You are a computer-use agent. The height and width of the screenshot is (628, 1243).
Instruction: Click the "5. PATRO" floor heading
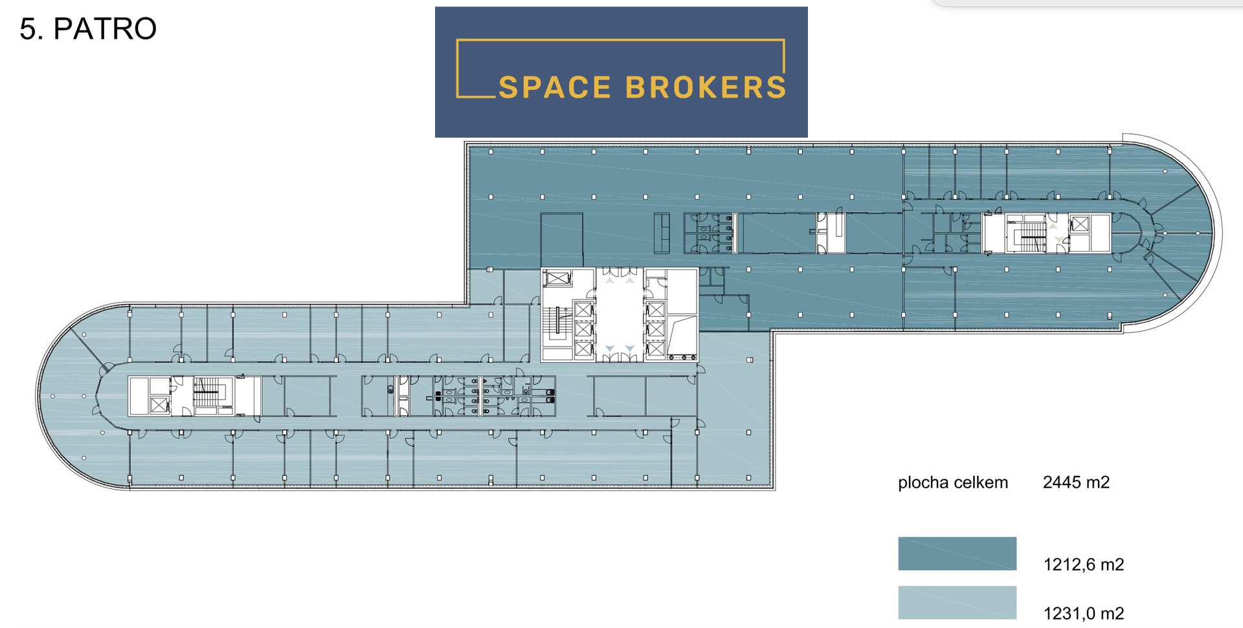point(88,28)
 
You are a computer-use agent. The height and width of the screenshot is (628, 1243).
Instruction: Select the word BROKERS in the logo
point(706,87)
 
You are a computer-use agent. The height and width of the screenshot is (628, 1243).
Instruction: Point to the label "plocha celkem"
point(953,482)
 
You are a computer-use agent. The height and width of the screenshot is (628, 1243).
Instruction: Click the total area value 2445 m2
point(1076,482)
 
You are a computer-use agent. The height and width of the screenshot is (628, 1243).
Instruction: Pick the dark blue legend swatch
point(957,554)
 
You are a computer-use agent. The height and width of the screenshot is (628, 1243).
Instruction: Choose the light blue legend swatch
point(957,603)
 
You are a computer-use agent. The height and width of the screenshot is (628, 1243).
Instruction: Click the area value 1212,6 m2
point(1084,565)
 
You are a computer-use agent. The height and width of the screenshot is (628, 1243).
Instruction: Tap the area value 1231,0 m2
point(1084,613)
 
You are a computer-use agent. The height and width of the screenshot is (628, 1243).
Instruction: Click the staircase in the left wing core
point(207,393)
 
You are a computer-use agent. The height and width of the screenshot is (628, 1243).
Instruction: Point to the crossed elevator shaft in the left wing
point(159,405)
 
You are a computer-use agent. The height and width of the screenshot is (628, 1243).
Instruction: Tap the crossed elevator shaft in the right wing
point(1080,225)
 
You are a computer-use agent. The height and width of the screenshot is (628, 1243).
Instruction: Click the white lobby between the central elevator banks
point(620,314)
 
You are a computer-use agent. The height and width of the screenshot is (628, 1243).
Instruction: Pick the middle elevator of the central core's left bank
point(583,330)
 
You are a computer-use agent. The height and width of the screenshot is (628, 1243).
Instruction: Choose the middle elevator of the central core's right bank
point(656,330)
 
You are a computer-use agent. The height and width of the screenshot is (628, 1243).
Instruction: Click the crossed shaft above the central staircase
point(557,279)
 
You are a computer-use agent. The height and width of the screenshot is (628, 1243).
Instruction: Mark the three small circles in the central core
point(682,357)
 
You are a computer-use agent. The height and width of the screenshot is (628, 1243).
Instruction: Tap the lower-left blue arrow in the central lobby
point(609,349)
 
